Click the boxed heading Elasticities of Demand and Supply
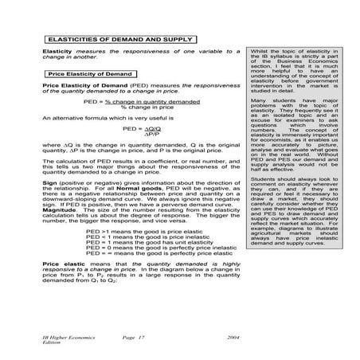click(119, 38)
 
